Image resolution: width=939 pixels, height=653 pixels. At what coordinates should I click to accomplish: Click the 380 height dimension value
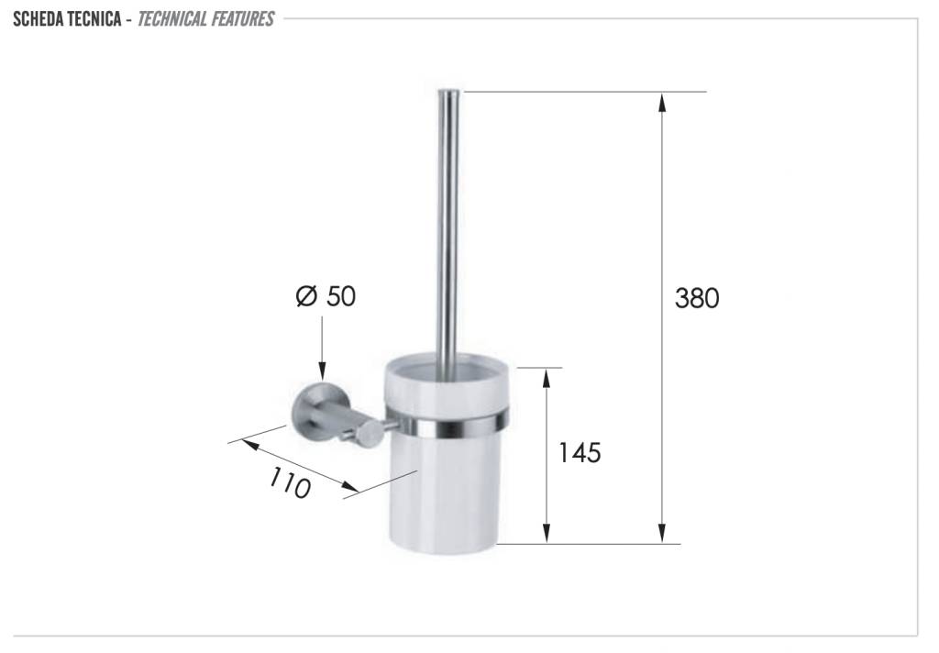[697, 298]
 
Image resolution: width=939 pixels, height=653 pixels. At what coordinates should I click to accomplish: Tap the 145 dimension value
[580, 452]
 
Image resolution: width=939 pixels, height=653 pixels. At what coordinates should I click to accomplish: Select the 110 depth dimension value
[290, 482]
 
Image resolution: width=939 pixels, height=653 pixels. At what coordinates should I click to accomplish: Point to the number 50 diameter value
[341, 296]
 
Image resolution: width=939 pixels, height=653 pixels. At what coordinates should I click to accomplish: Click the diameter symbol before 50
[306, 296]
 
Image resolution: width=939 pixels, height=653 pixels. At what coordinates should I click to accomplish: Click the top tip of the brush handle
[449, 91]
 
